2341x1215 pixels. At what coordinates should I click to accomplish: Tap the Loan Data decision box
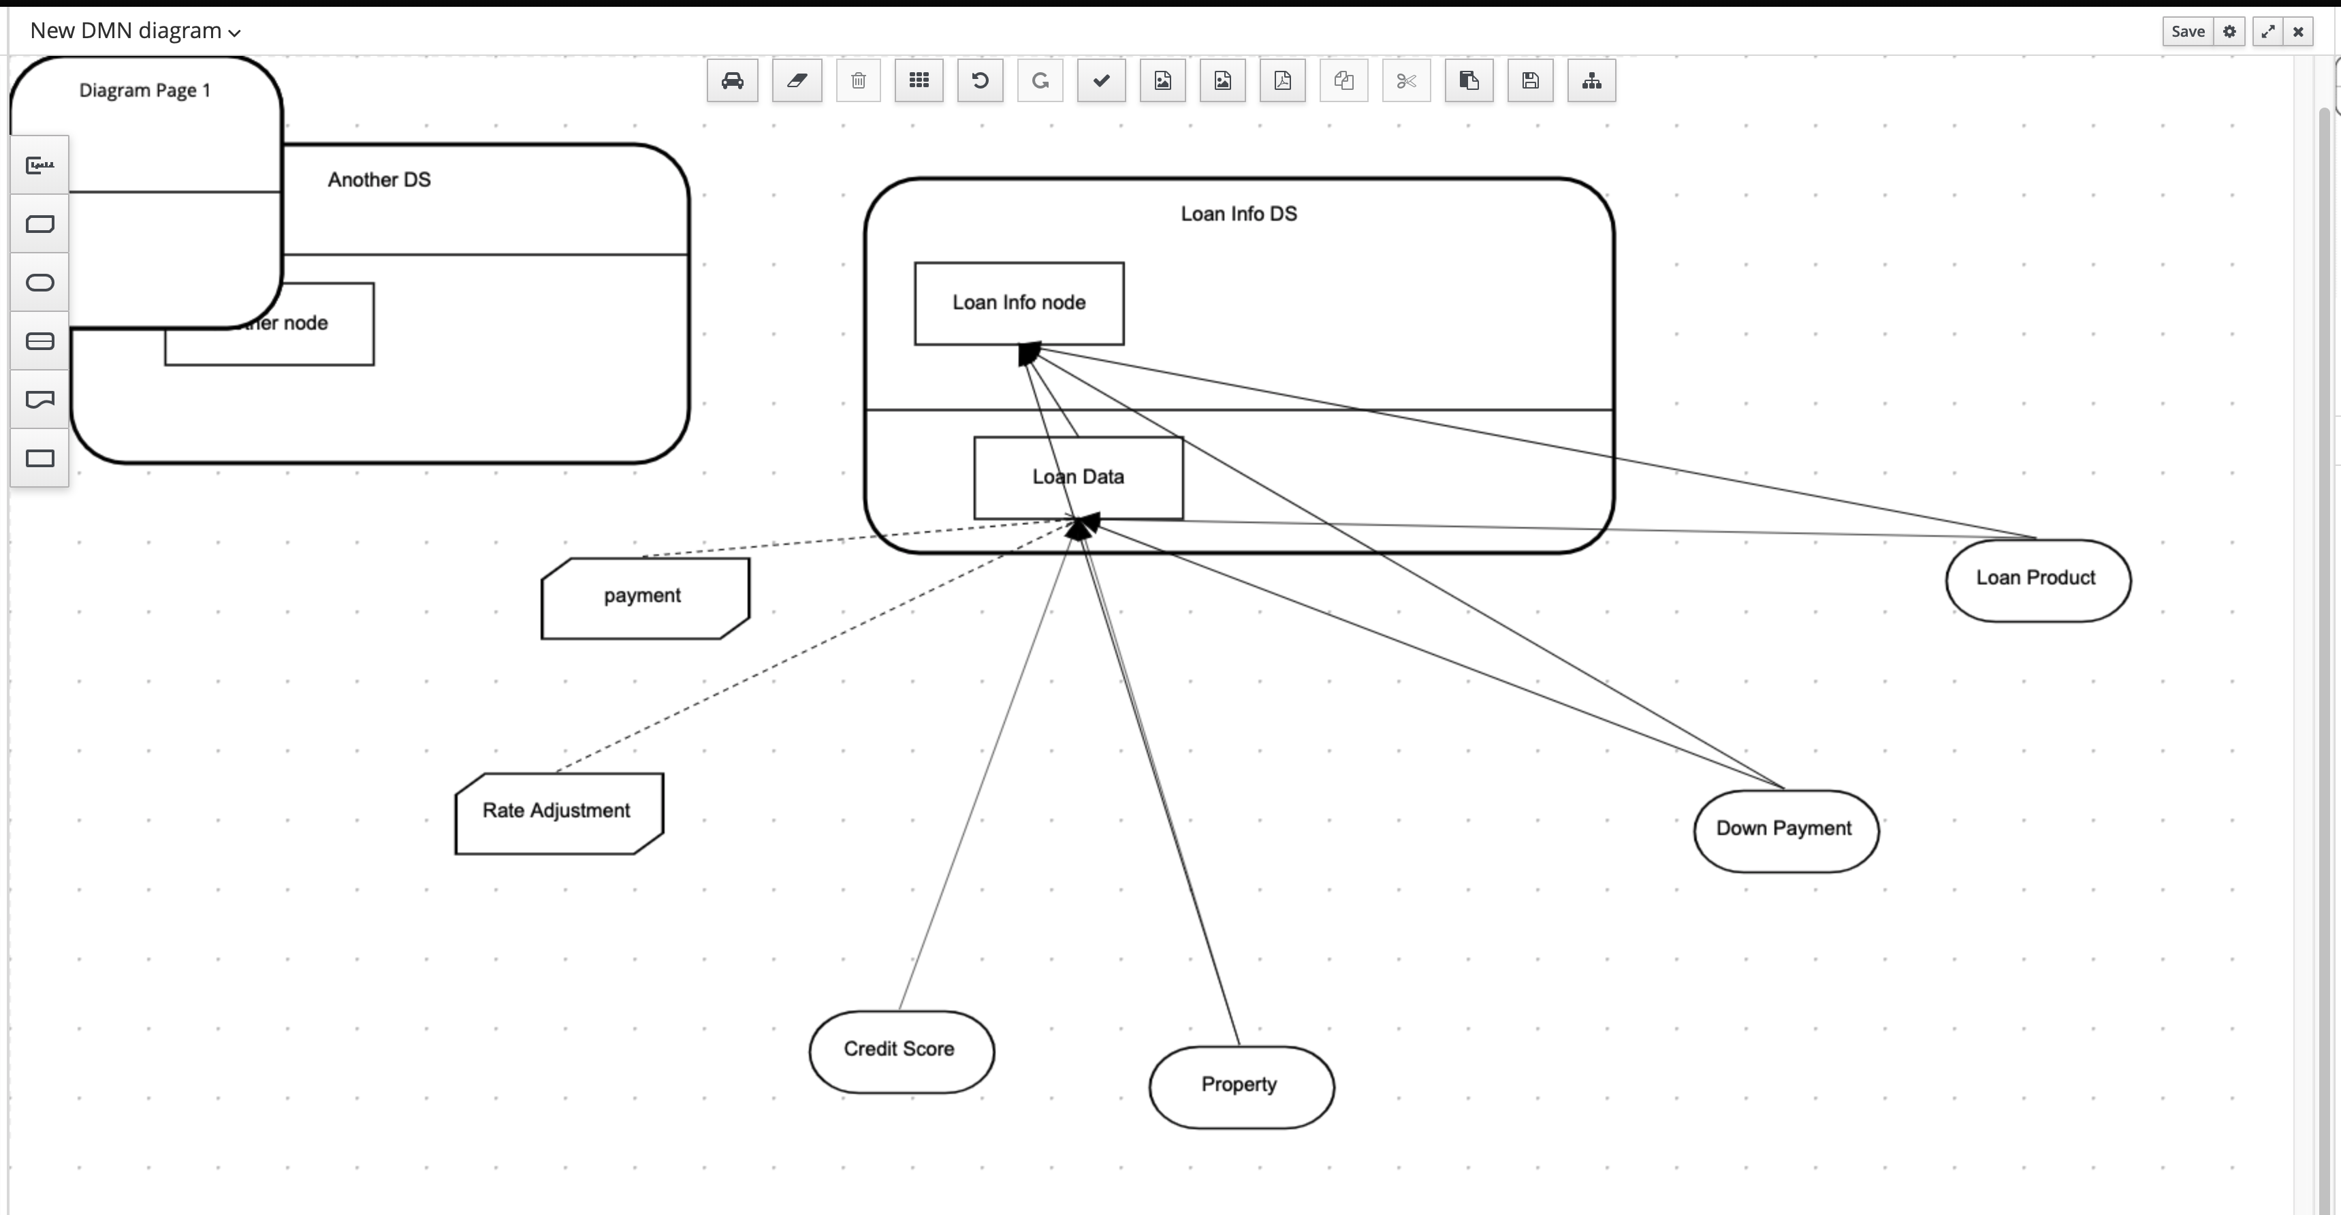pyautogui.click(x=1078, y=478)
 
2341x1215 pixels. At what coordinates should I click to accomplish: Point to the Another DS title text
pyautogui.click(x=379, y=180)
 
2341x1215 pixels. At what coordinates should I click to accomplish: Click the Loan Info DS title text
pyautogui.click(x=1239, y=215)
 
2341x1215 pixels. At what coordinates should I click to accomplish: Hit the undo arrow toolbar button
pyautogui.click(x=980, y=82)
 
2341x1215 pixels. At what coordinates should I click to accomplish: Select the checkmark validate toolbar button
pyautogui.click(x=1100, y=82)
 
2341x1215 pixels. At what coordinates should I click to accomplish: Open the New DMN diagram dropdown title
pyautogui.click(x=136, y=31)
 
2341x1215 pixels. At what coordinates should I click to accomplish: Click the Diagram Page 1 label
pyautogui.click(x=144, y=91)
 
